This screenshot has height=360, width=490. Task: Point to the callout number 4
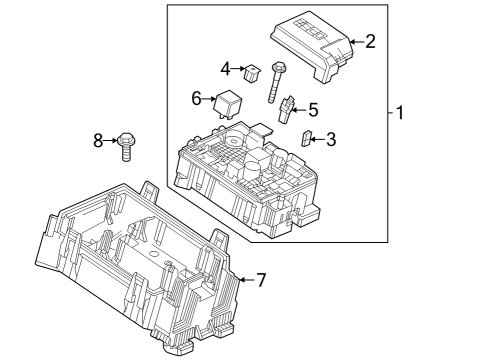tap(226, 69)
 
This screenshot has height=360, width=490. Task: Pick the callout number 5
tap(313, 110)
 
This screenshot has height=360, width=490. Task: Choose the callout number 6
tap(197, 98)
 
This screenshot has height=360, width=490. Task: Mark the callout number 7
tap(261, 281)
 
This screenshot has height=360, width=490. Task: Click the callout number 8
tap(98, 141)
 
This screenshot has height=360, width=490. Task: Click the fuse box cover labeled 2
tap(309, 44)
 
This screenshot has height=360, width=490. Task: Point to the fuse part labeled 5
tap(287, 110)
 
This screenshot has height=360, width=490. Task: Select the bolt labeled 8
tap(125, 146)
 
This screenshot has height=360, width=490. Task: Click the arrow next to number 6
tap(209, 98)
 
